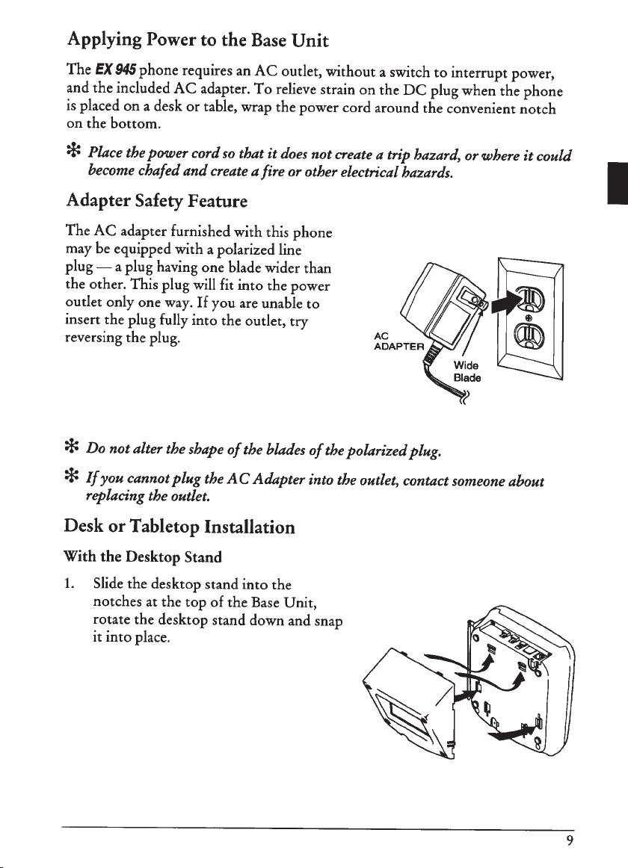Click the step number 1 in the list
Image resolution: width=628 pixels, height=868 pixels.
[67, 580]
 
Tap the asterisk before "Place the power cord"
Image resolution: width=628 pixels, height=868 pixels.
[73, 155]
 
